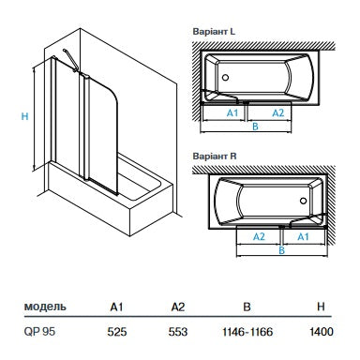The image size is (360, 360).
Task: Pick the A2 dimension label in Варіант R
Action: [260, 237]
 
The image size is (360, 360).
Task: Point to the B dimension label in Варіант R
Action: [281, 249]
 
